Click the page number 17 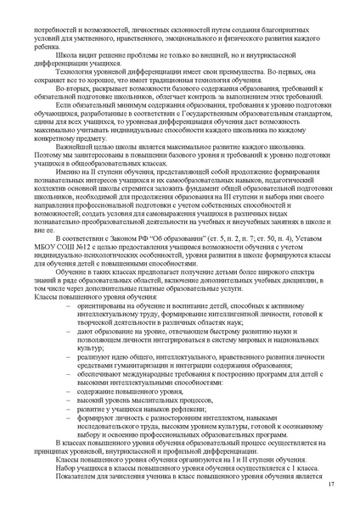point(329,484)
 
